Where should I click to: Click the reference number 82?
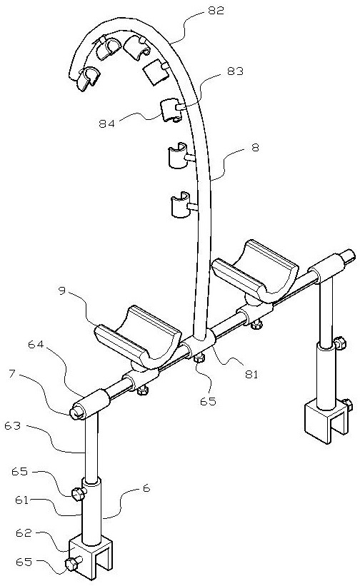(x=216, y=11)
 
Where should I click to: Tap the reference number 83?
(x=236, y=71)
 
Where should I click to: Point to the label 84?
(x=107, y=123)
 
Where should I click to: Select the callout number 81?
(x=251, y=374)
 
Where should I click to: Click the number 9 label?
(x=62, y=291)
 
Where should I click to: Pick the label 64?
(x=36, y=345)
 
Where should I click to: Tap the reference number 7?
(x=12, y=374)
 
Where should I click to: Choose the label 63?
(x=13, y=425)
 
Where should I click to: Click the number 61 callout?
(x=21, y=500)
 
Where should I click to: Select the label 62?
(x=24, y=532)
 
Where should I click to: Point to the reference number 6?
(x=146, y=488)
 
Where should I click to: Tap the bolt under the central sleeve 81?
(x=199, y=358)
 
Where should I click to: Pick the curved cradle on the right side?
(x=255, y=272)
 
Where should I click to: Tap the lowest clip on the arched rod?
(x=181, y=204)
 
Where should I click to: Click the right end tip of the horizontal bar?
(x=353, y=253)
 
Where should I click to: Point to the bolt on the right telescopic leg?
(x=340, y=343)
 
